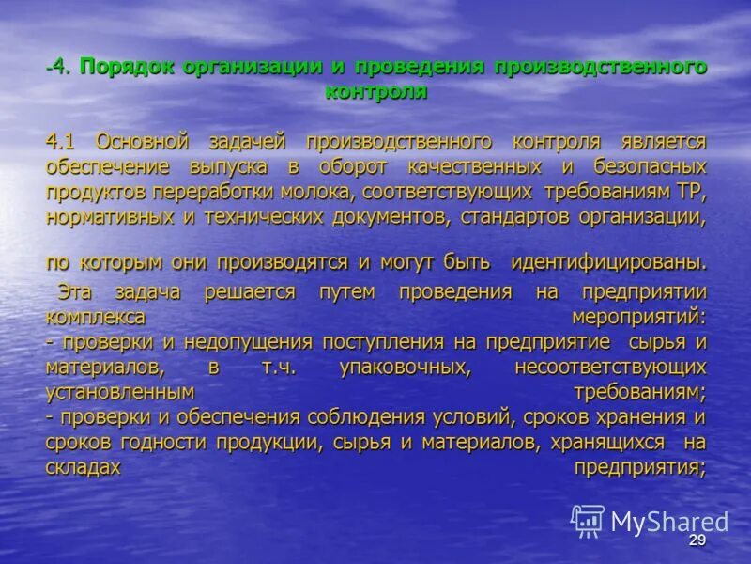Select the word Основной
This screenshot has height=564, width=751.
[x=143, y=142]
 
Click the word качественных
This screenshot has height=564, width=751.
[x=474, y=167]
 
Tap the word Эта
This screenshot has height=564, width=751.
[x=75, y=291]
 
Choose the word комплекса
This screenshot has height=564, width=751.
[x=96, y=316]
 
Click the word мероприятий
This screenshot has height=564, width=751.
[x=638, y=316]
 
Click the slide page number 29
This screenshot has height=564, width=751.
[x=696, y=540]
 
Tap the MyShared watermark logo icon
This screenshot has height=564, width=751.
[x=588, y=521]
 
